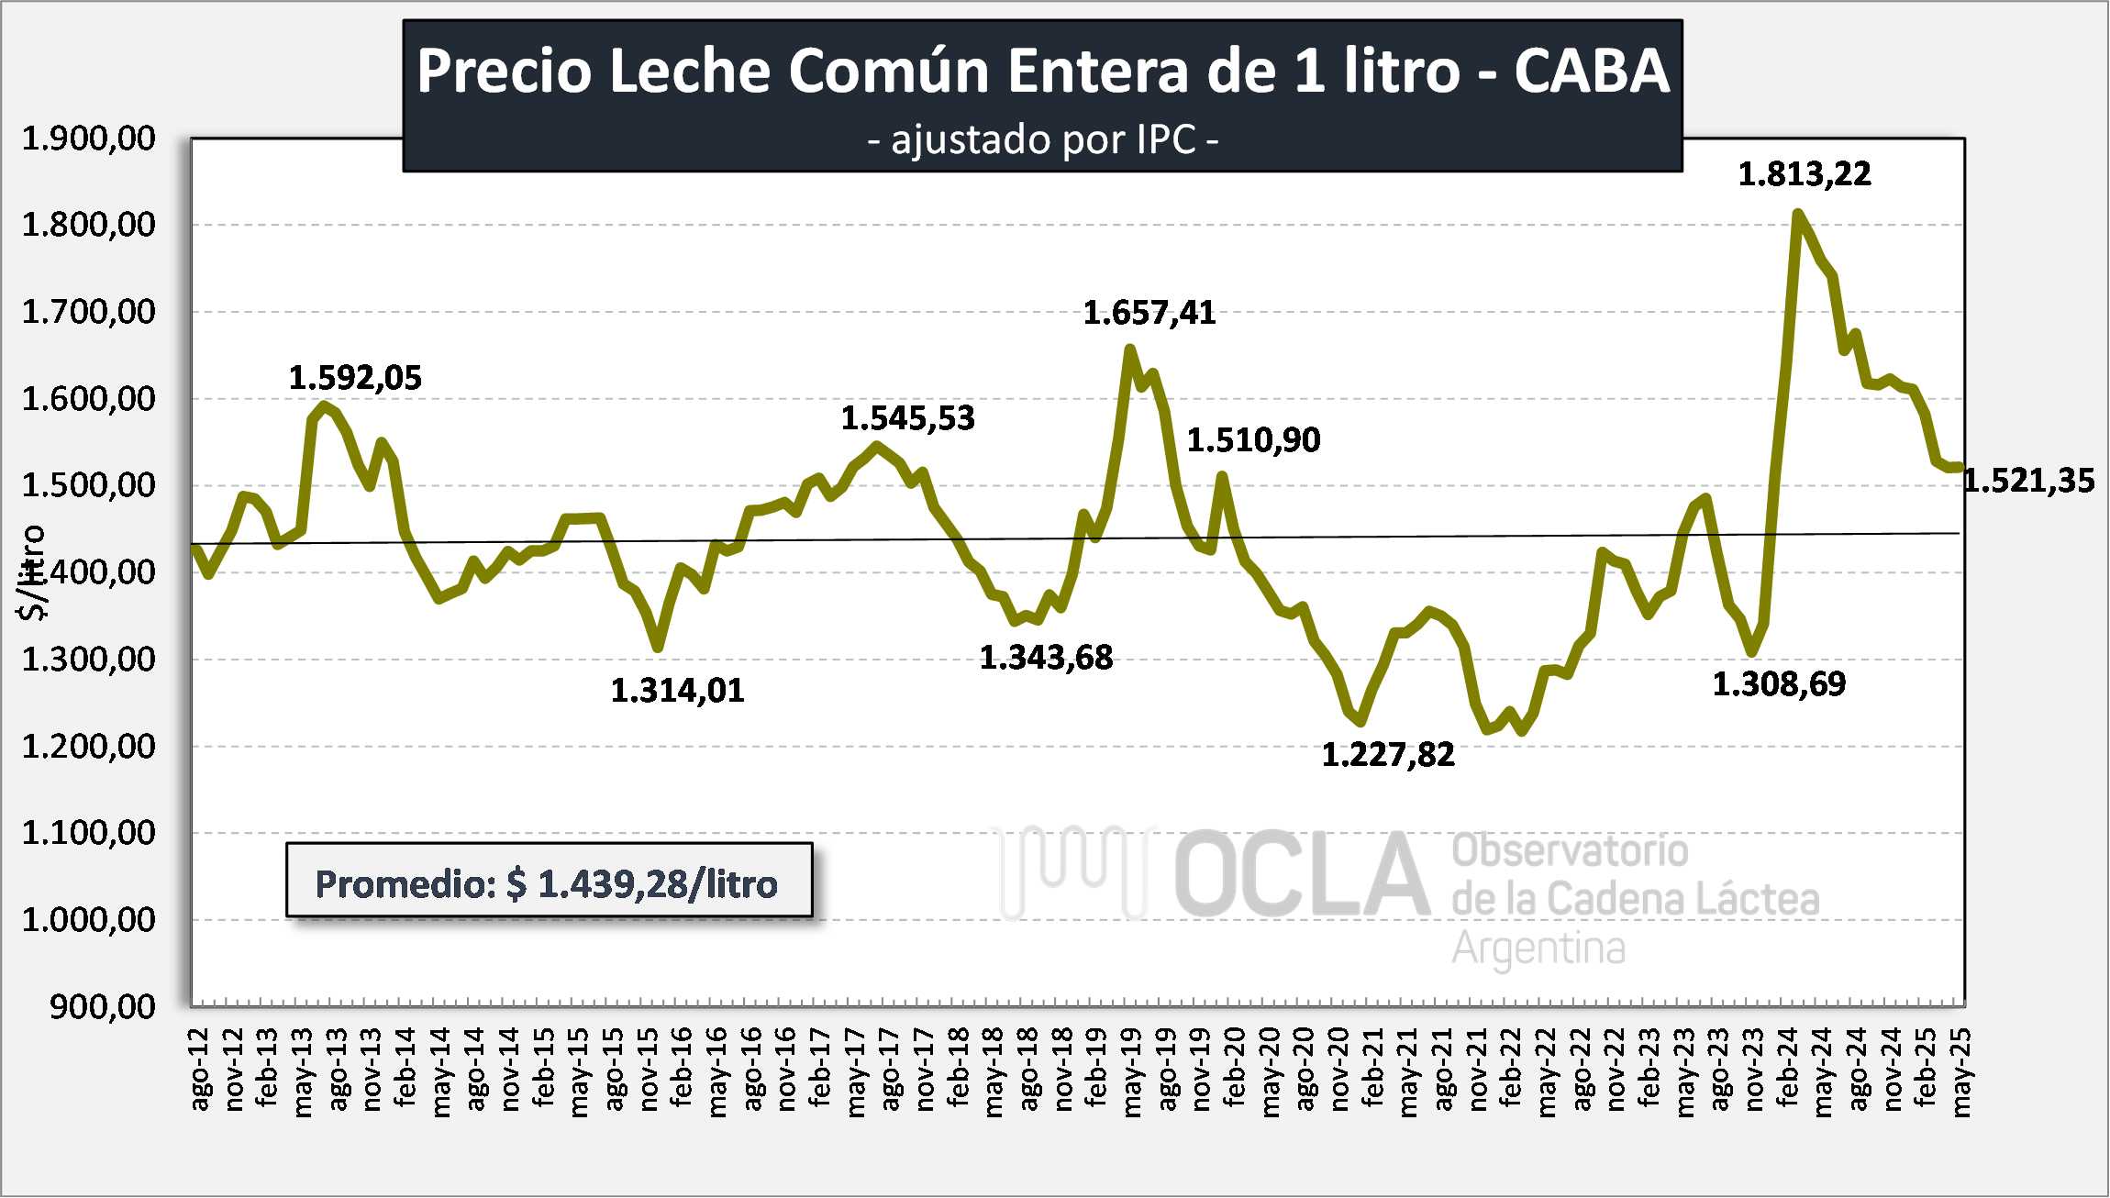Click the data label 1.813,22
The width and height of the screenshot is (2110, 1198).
click(x=1804, y=174)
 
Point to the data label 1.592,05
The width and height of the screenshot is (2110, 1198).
click(x=355, y=378)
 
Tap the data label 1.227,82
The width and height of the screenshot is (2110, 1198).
click(x=1387, y=755)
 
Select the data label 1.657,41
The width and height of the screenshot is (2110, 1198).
click(x=1149, y=314)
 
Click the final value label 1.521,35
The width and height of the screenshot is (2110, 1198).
click(x=2029, y=481)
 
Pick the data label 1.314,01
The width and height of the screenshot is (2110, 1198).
click(x=677, y=691)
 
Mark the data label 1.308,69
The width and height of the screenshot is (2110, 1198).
click(x=1778, y=684)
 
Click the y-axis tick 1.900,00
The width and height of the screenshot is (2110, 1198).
click(x=89, y=139)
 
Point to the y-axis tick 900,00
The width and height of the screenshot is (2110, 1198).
click(x=103, y=1007)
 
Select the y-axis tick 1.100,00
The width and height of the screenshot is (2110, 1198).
click(x=89, y=833)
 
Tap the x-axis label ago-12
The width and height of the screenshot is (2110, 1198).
click(x=199, y=1070)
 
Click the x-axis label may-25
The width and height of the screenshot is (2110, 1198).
click(x=1960, y=1071)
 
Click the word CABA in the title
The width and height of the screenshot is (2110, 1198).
click(x=1591, y=71)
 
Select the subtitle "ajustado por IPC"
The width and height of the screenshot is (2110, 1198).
click(x=1042, y=140)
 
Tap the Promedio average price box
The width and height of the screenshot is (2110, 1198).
click(x=549, y=881)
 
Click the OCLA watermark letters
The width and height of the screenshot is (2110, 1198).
click(x=1301, y=874)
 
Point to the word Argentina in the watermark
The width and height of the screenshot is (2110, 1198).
click(x=1538, y=948)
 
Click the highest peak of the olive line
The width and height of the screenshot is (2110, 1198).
click(x=1797, y=215)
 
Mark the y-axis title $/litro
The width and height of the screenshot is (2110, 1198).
click(x=32, y=572)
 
